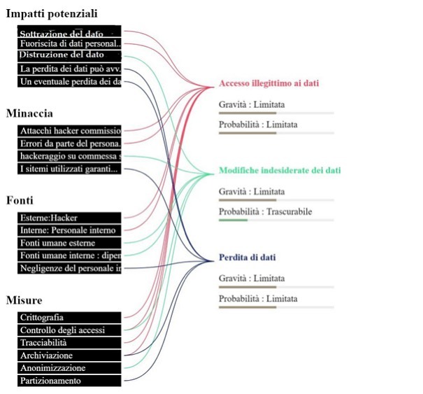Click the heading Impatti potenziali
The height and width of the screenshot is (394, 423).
pyautogui.click(x=52, y=13)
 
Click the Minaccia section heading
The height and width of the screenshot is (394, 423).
pyautogui.click(x=29, y=113)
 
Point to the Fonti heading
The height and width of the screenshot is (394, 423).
pyautogui.click(x=20, y=199)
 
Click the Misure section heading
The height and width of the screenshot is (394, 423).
pyautogui.click(x=24, y=300)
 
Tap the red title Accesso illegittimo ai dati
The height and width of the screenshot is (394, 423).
pyautogui.click(x=268, y=83)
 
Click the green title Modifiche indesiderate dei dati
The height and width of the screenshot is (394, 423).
pyautogui.click(x=280, y=170)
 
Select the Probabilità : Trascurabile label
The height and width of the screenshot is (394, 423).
pyautogui.click(x=265, y=211)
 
